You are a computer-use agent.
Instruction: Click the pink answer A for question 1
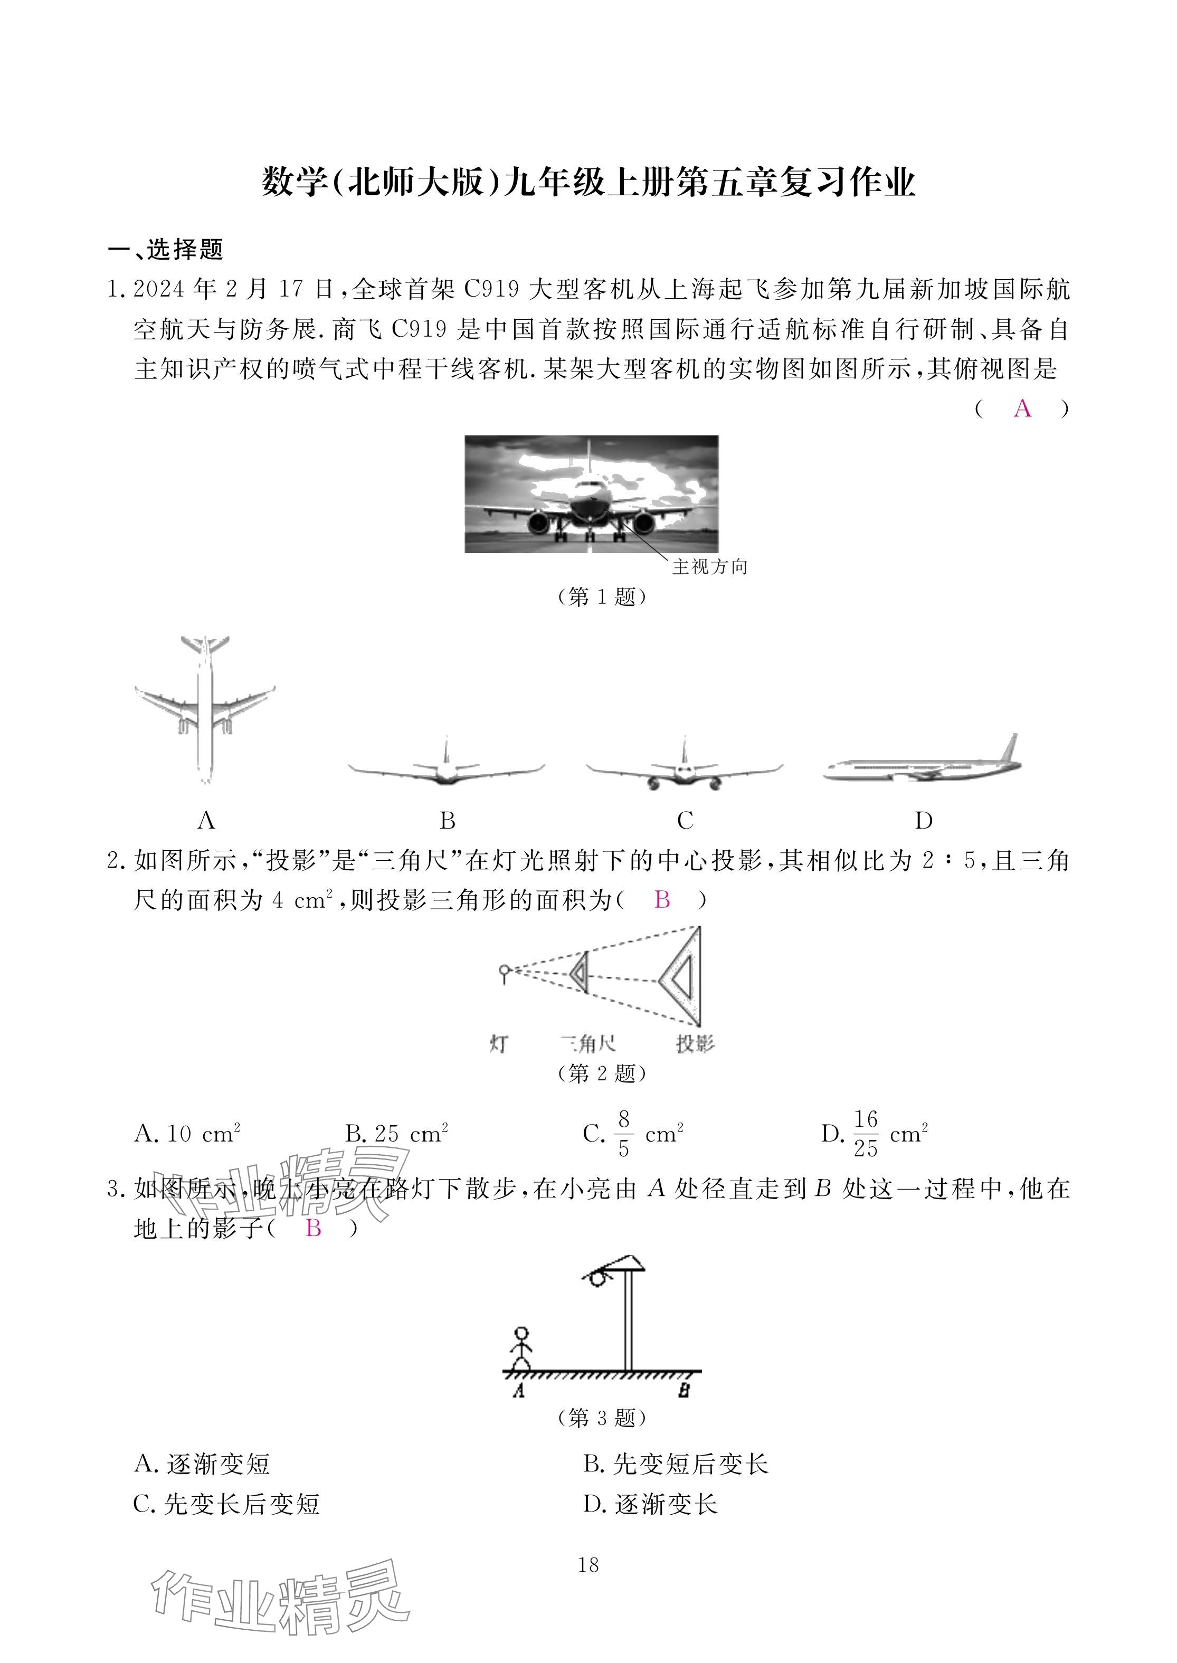(1022, 408)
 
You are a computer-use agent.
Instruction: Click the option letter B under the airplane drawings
(447, 820)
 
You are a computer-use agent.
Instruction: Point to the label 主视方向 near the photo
(709, 567)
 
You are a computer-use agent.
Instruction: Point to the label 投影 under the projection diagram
(694, 1044)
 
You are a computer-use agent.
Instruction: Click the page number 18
(588, 1565)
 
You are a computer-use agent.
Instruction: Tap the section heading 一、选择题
(166, 249)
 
